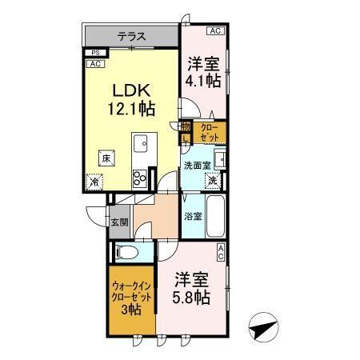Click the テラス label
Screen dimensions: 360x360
coord(131,35)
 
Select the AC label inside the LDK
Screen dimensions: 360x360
coord(94,63)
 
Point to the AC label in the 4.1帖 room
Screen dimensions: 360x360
coord(214,31)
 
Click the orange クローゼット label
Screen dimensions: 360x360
coord(209,132)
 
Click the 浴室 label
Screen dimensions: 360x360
coord(193,216)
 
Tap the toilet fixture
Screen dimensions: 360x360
coord(128,254)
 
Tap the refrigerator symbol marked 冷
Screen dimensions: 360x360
coord(95,182)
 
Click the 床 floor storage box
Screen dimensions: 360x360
coord(106,158)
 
